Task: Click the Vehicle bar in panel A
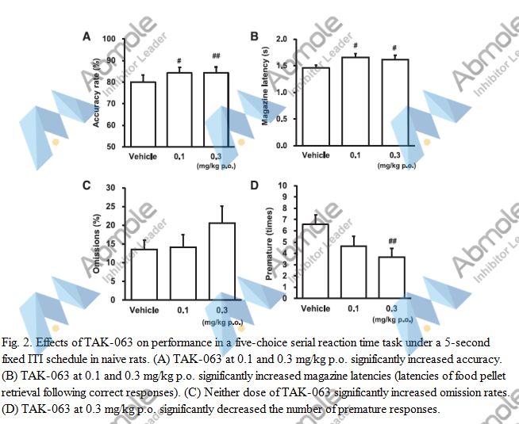(x=144, y=114)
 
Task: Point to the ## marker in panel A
(x=216, y=56)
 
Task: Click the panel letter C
(x=86, y=185)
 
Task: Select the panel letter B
(x=255, y=36)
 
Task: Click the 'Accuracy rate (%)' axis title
(x=96, y=92)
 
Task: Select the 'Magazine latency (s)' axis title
(x=264, y=90)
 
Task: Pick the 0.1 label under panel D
(x=355, y=308)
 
